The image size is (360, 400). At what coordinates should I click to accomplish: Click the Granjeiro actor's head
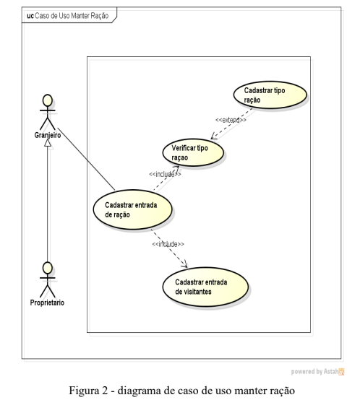tap(48, 100)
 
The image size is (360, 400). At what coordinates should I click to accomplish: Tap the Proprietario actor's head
tap(48, 268)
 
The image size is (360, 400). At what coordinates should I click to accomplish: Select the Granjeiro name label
tap(48, 135)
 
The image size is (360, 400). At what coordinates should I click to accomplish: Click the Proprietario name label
tap(47, 303)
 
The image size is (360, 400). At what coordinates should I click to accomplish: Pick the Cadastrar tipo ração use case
tap(270, 95)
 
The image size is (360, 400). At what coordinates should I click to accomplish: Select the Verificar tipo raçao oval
tap(193, 152)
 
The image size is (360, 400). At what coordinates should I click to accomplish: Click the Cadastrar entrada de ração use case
tap(132, 209)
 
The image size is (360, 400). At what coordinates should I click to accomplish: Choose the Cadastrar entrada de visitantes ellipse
tap(205, 287)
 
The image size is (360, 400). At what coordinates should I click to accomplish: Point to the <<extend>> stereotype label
tap(231, 120)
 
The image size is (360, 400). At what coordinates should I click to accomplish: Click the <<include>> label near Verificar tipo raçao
tap(165, 174)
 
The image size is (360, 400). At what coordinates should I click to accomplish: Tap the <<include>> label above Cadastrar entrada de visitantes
tap(168, 244)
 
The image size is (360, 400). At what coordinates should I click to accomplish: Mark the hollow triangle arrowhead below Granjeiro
tap(48, 143)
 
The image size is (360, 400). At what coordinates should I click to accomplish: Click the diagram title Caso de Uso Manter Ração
tap(72, 16)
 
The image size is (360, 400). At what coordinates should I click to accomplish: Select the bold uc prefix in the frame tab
tap(30, 16)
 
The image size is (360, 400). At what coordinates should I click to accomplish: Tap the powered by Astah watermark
tap(317, 371)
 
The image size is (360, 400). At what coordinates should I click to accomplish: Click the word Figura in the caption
tap(84, 391)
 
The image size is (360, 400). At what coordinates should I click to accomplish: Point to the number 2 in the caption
tap(106, 391)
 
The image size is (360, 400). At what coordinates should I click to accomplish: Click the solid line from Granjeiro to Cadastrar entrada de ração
tap(86, 159)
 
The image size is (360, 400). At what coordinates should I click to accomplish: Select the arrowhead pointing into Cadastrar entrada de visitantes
tap(184, 264)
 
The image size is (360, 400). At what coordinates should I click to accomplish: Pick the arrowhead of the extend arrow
tap(214, 136)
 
